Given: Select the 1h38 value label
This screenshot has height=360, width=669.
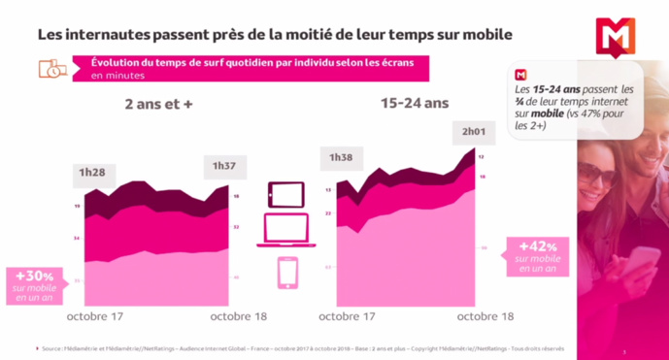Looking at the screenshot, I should point(341,157).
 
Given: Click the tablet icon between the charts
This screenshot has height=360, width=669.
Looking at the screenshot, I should point(287,195).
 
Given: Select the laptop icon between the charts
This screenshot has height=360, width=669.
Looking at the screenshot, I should point(287,232).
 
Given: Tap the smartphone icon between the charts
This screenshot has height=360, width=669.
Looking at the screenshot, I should point(287,273).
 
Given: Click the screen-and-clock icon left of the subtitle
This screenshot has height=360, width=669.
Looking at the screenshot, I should point(52,69).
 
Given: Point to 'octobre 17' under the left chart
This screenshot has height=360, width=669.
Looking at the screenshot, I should point(96,315).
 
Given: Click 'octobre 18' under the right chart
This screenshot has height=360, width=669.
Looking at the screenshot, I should point(485,315).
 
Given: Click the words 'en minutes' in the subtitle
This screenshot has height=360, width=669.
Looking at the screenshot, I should point(117,75).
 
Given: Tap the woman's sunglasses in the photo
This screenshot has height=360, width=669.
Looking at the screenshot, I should point(597,175).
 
